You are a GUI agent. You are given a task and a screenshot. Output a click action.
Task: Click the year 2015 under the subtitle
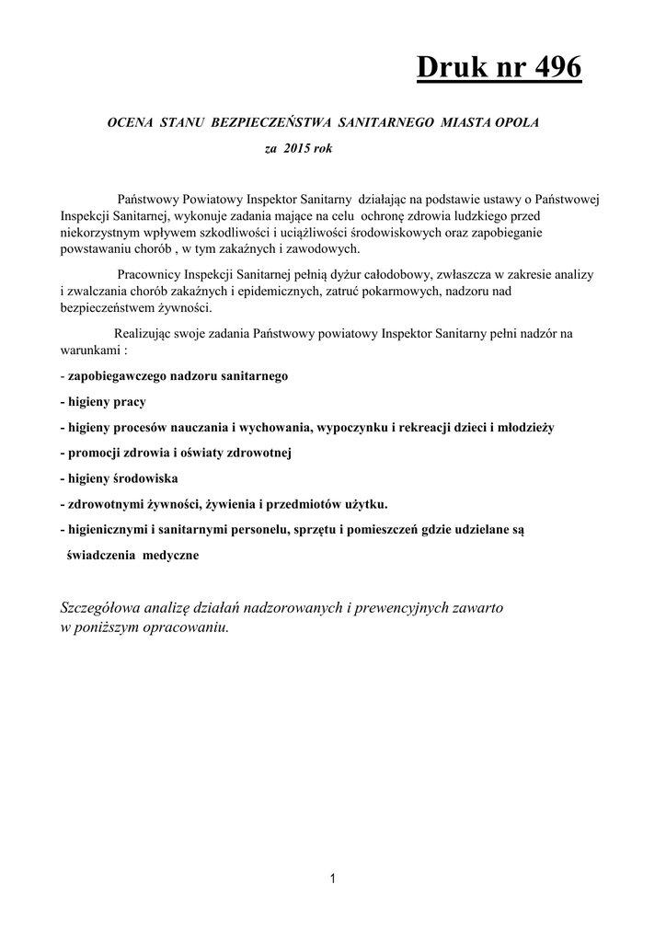click(x=296, y=147)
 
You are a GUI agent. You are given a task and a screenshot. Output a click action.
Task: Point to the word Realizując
click(x=144, y=333)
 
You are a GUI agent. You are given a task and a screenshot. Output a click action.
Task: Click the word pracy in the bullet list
click(x=130, y=402)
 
